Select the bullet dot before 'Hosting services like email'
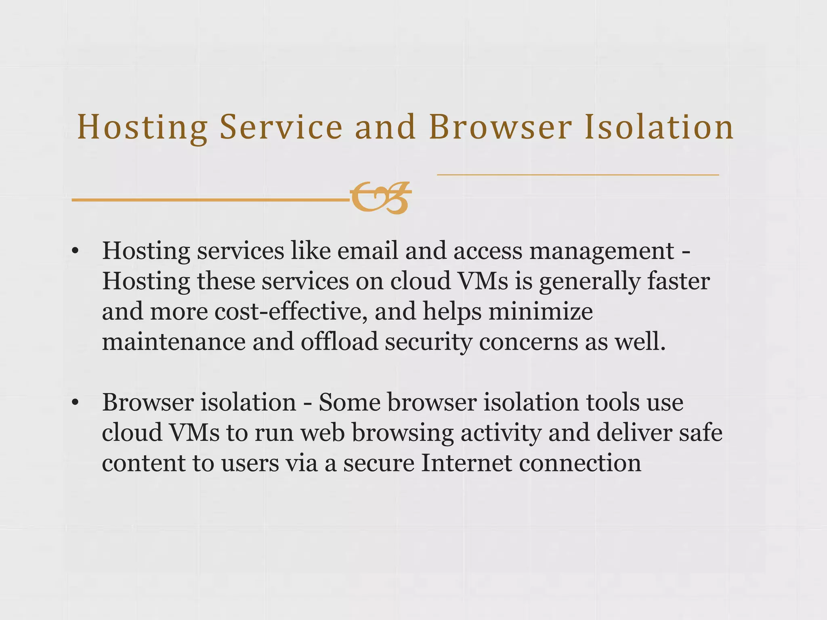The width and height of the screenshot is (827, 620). [x=74, y=251]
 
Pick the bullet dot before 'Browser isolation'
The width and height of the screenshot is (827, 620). [x=74, y=403]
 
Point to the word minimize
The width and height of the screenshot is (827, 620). [x=541, y=312]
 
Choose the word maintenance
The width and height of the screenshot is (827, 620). [x=174, y=342]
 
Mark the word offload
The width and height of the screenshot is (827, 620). [x=339, y=342]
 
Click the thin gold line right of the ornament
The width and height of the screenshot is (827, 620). [x=577, y=175]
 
